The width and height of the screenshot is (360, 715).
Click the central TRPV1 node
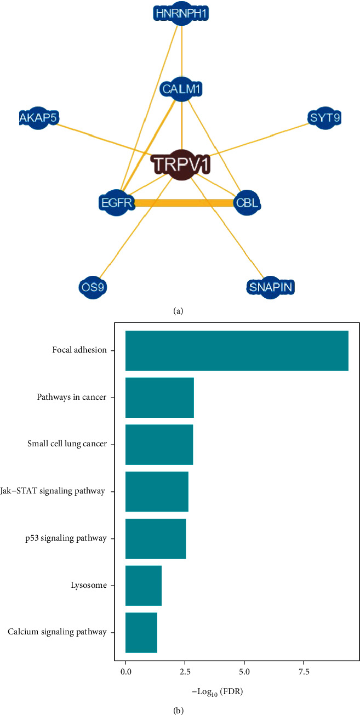tap(181, 164)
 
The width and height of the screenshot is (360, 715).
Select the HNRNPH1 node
tap(181, 14)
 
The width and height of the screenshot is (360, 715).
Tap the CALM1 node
tap(181, 88)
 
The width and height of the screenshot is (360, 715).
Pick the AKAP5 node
tap(38, 117)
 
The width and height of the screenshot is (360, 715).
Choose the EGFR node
tap(115, 203)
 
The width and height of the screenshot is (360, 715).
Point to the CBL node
tap(247, 203)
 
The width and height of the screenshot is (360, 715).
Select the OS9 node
tap(92, 287)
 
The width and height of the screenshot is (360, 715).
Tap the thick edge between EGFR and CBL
tap(181, 203)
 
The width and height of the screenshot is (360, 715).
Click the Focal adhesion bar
tap(237, 350)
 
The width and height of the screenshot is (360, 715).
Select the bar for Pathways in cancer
tap(159, 398)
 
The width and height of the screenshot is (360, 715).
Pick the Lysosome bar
tap(144, 586)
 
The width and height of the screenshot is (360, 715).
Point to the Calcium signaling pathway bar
tap(141, 633)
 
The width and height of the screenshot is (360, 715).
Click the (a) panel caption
tap(178, 311)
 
